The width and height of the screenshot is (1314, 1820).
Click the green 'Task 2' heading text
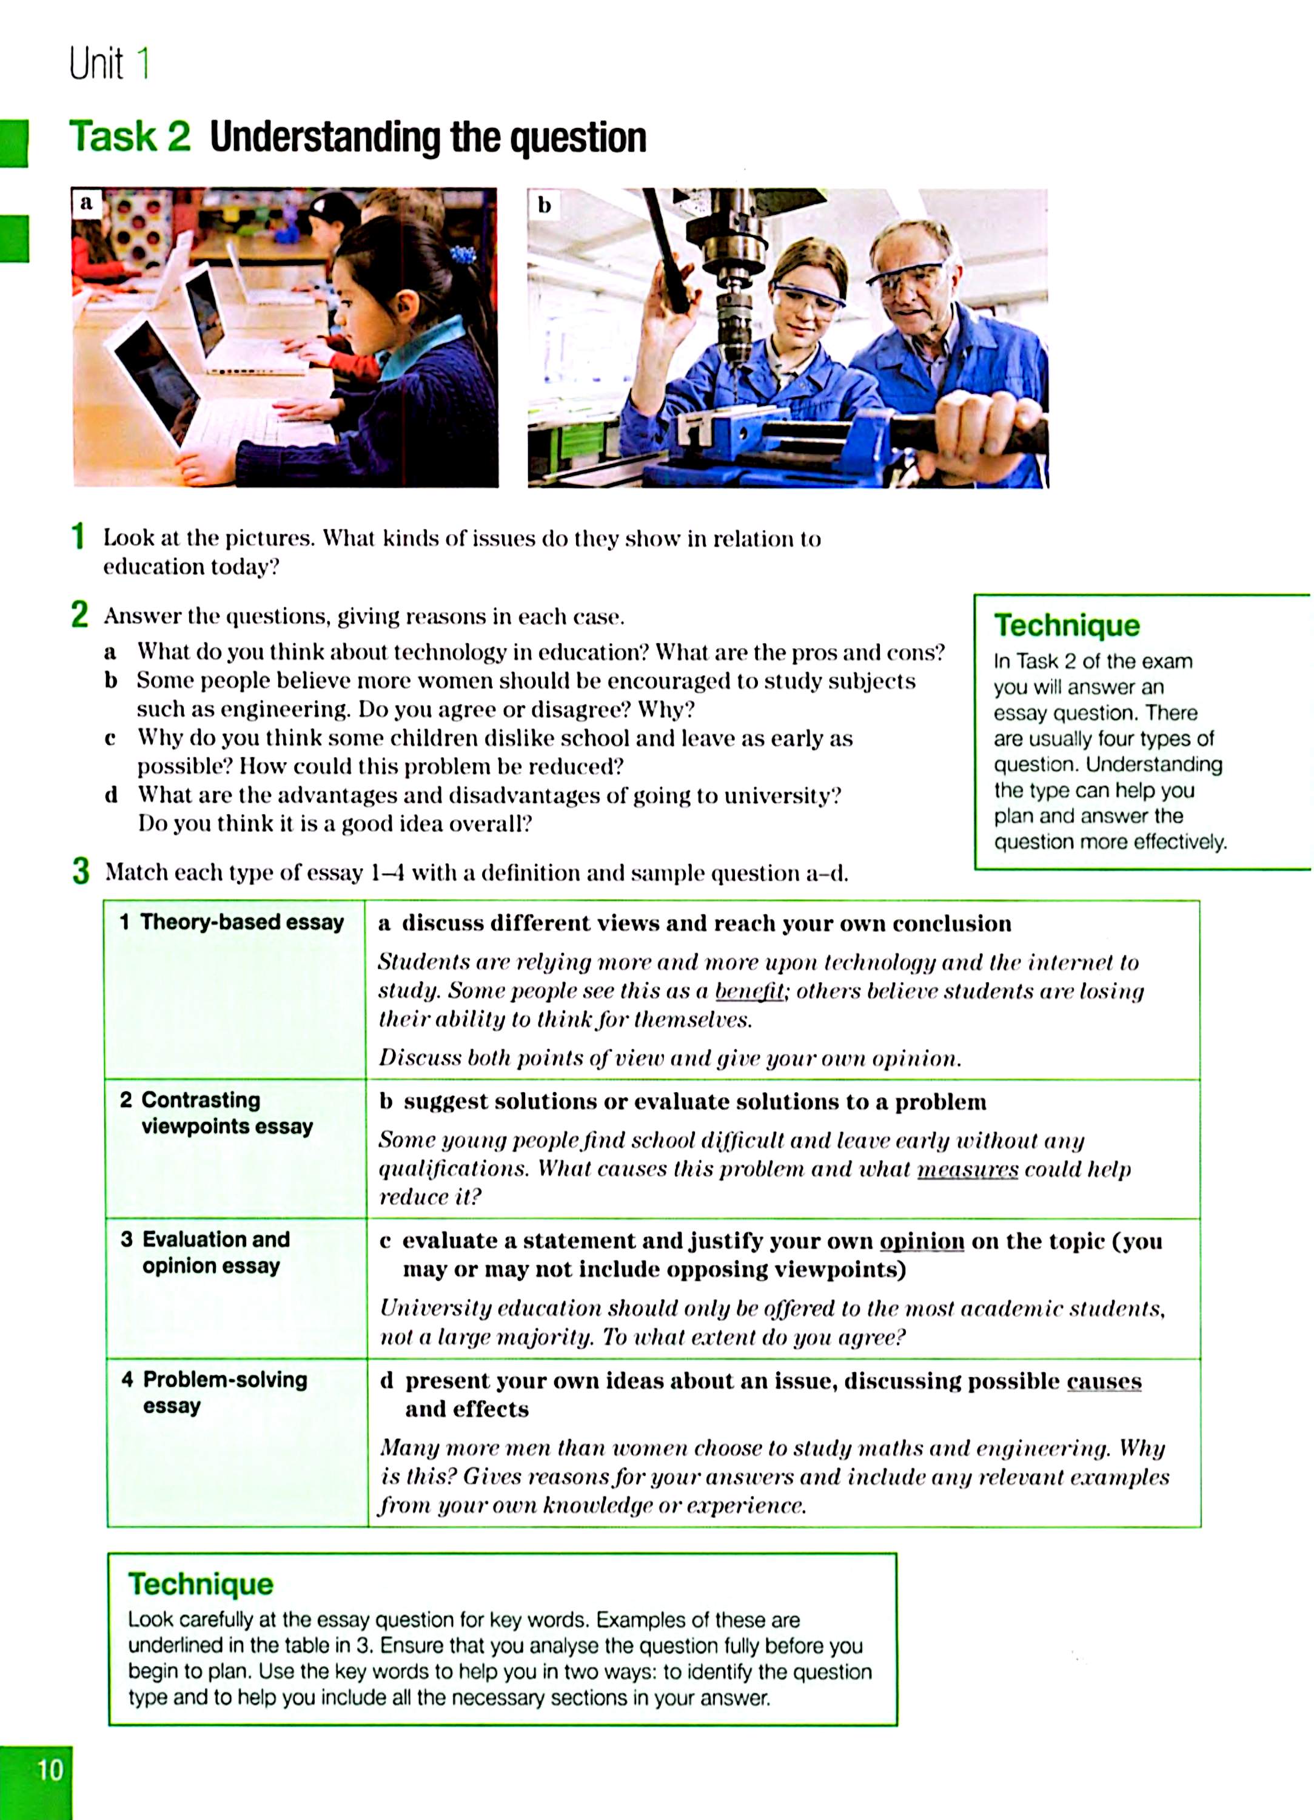[x=129, y=136]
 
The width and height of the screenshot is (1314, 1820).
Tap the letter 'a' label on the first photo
[x=86, y=203]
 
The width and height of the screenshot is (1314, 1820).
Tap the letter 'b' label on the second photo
[x=544, y=206]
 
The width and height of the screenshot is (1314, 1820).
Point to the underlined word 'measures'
[x=967, y=1168]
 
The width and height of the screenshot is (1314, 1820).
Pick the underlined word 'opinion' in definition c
[x=922, y=1241]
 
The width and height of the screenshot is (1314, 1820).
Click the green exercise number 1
[x=78, y=536]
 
